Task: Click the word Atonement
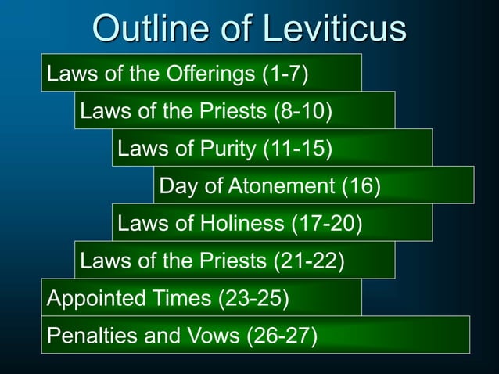tap(283, 187)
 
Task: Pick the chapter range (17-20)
tap(326, 225)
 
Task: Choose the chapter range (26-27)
tap(282, 336)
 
